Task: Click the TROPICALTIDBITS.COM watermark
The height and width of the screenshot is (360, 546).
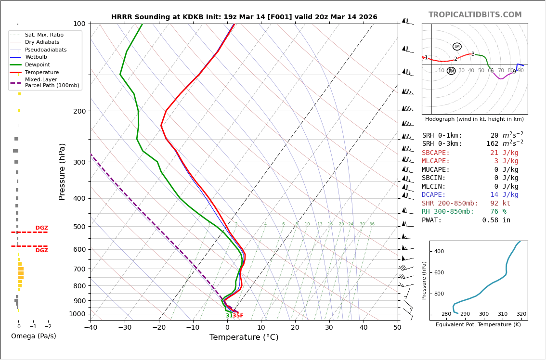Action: [475, 15]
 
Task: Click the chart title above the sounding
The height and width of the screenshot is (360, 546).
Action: [244, 17]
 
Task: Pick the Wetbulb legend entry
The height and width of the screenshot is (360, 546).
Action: [36, 57]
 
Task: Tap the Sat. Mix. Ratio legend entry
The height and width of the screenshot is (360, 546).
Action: [44, 35]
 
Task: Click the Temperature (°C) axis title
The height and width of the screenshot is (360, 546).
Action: [244, 338]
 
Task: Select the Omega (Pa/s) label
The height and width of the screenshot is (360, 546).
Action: [33, 336]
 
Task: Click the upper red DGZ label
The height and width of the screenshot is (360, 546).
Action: [41, 228]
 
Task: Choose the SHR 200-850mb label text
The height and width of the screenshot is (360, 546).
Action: [450, 204]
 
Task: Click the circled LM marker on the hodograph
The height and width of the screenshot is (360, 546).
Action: [457, 47]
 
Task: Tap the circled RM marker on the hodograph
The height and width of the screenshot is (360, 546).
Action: [451, 71]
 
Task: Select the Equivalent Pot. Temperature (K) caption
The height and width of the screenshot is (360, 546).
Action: [479, 325]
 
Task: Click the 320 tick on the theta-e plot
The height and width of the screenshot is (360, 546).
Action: [521, 314]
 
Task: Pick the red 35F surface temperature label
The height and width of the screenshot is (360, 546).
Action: [238, 316]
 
